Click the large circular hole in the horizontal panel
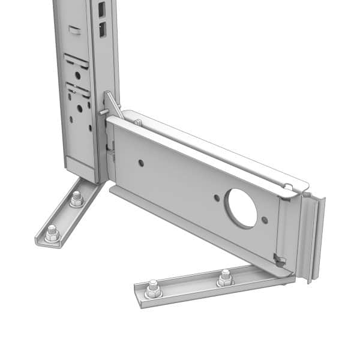pyautogui.click(x=241, y=208)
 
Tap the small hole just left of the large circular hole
pyautogui.click(x=217, y=197)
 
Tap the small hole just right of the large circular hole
pyautogui.click(x=265, y=220)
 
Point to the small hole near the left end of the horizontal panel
pyautogui.click(x=141, y=163)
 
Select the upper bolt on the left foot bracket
pyautogui.click(x=76, y=199)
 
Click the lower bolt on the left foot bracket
pyautogui.click(x=52, y=233)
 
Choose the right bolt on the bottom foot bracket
pyautogui.click(x=225, y=277)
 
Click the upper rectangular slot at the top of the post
pyautogui.click(x=101, y=8)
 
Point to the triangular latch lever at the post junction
pyautogui.click(x=112, y=105)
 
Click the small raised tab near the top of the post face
pyautogui.click(x=74, y=28)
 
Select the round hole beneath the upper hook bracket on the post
pyautogui.click(x=77, y=75)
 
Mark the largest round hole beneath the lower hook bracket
pyautogui.click(x=79, y=109)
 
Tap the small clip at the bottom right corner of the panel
pyautogui.click(x=278, y=259)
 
